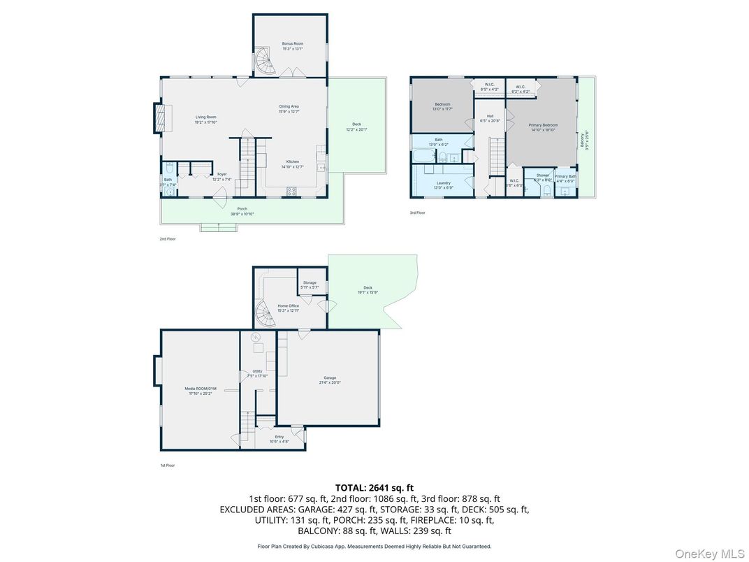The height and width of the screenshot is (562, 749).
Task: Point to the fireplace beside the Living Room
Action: [162, 118]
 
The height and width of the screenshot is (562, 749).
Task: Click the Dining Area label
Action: [289, 108]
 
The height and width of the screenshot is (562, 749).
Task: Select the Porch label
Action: [242, 211]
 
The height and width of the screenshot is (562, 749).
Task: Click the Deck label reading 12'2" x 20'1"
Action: [356, 127]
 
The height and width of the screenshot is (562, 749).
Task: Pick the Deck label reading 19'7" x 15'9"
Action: [368, 290]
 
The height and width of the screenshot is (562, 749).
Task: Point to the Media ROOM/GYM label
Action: [199, 391]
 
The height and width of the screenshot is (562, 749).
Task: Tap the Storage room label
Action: [309, 284]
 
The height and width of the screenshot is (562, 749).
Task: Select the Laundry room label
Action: [442, 185]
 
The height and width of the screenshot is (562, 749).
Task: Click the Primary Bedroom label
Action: [543, 127]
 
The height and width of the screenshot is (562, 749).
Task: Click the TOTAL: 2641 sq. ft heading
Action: [374, 488]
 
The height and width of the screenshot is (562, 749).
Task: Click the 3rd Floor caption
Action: [417, 212]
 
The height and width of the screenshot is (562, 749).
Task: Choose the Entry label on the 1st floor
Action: [279, 439]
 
